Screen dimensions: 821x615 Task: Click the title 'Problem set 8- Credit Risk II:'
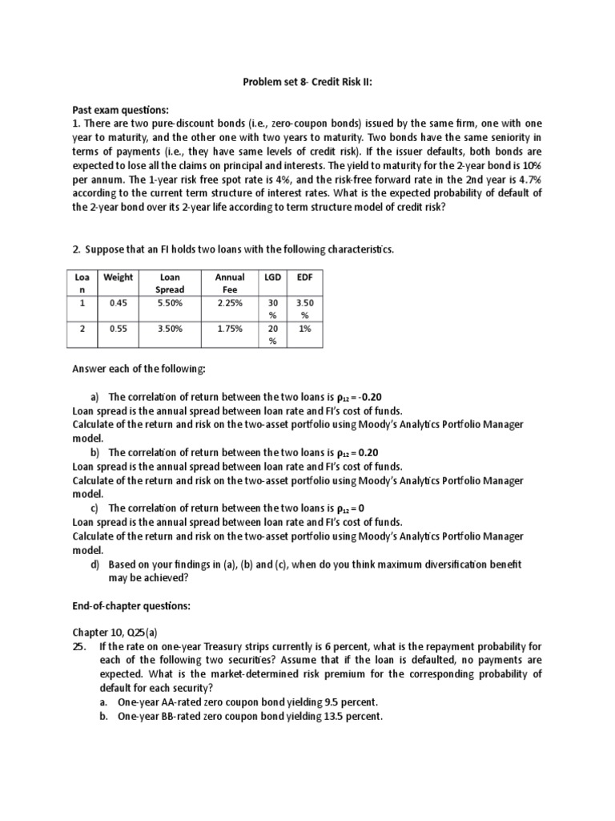(307, 83)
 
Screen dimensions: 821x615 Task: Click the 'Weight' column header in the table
(119, 277)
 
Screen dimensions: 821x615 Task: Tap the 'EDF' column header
(303, 277)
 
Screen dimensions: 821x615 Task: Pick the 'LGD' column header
(272, 277)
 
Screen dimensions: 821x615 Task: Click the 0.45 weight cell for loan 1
(119, 304)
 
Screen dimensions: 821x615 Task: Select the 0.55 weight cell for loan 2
(119, 328)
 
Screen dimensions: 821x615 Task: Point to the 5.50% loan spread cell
(171, 304)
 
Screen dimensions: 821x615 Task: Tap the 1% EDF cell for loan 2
(303, 328)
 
